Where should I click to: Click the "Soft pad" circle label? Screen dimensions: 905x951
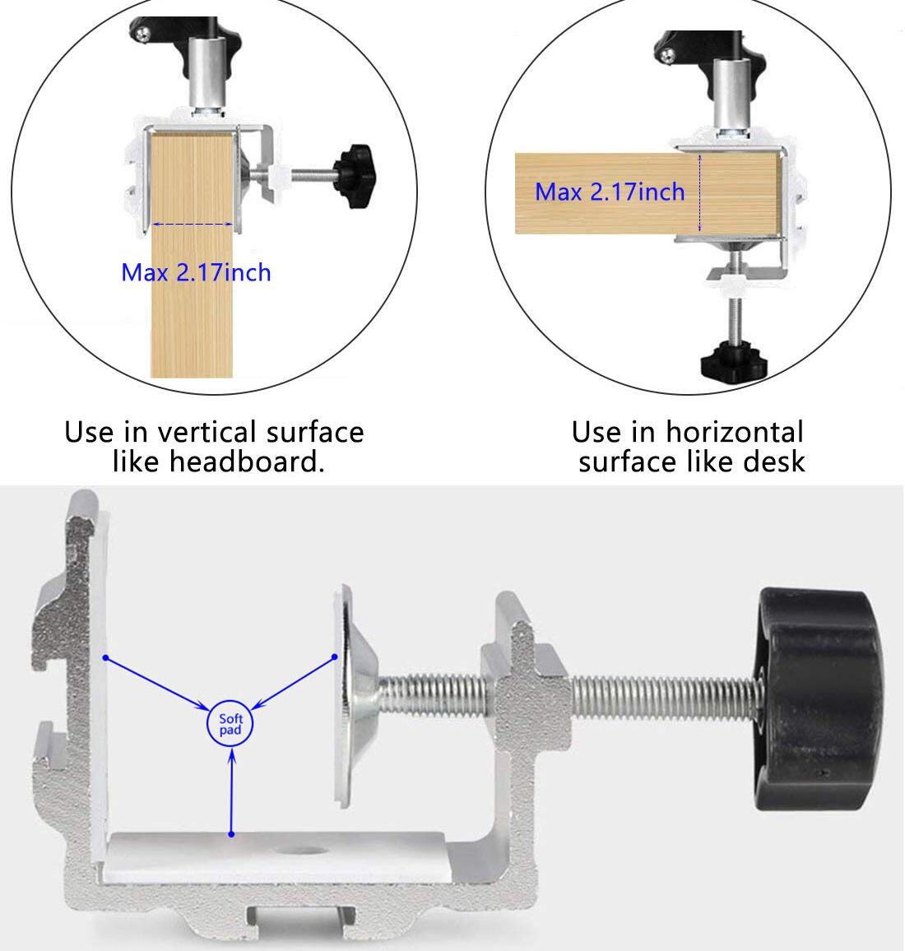point(230,724)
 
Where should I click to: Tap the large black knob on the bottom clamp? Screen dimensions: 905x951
point(818,698)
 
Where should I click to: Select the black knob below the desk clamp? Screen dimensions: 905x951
point(733,362)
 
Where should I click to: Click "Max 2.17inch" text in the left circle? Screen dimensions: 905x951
point(196,272)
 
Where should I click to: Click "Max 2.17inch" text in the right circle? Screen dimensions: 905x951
point(610,192)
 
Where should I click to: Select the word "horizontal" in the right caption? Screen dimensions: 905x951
point(735,433)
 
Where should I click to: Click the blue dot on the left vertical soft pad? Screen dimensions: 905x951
point(105,657)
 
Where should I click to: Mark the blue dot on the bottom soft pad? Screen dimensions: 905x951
point(231,834)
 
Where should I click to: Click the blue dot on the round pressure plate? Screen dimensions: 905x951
point(335,656)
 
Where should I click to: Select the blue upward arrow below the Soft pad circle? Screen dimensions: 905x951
point(231,791)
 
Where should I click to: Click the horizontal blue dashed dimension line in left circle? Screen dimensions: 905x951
point(193,225)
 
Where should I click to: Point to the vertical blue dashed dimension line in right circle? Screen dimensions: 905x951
point(700,193)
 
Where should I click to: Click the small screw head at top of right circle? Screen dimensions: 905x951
point(668,57)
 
